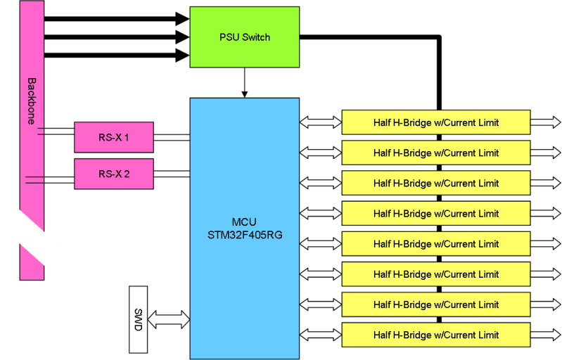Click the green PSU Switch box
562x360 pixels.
[244, 37]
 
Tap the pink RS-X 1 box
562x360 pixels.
[113, 137]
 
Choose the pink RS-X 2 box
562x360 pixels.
[113, 174]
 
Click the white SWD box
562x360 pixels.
[139, 320]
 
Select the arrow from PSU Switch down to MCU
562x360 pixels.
[244, 82]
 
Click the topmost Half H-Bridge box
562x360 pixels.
[435, 122]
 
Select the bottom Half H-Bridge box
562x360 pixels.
[435, 335]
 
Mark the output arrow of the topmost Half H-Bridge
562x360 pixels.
[545, 122]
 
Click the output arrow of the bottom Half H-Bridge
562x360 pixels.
[545, 335]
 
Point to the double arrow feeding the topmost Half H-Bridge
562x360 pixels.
[320, 122]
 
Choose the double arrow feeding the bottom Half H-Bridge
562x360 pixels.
[320, 335]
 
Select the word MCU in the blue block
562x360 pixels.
[244, 222]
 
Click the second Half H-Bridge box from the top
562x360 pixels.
[435, 153]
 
